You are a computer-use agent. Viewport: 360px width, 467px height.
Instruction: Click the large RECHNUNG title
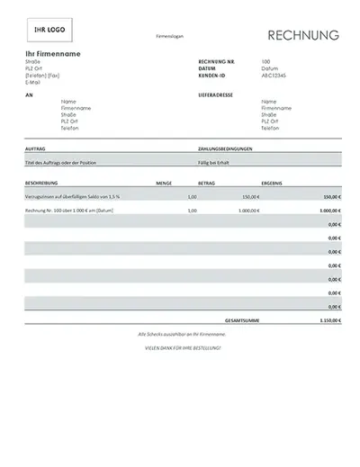pyautogui.click(x=302, y=36)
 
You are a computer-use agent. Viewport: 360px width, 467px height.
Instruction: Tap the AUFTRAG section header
pyautogui.click(x=37, y=148)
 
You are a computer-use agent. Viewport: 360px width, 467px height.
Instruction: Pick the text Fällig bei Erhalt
pyautogui.click(x=214, y=162)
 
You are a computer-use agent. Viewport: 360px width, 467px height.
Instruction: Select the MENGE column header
pyautogui.click(x=163, y=182)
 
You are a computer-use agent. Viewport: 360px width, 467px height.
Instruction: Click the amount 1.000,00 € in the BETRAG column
pyautogui.click(x=248, y=210)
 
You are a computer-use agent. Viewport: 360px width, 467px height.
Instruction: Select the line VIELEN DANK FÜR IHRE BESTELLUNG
pyautogui.click(x=183, y=346)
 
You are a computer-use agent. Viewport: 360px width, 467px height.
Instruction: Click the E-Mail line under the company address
pyautogui.click(x=33, y=82)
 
